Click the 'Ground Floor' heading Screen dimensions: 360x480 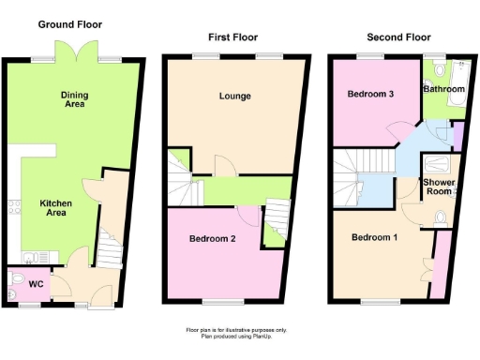[70, 24]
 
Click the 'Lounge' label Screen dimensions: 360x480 [234, 97]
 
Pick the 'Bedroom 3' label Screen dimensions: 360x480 [369, 94]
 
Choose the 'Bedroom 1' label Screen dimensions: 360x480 [375, 237]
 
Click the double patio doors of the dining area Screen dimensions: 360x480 [76, 51]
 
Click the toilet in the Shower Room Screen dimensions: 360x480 [442, 218]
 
